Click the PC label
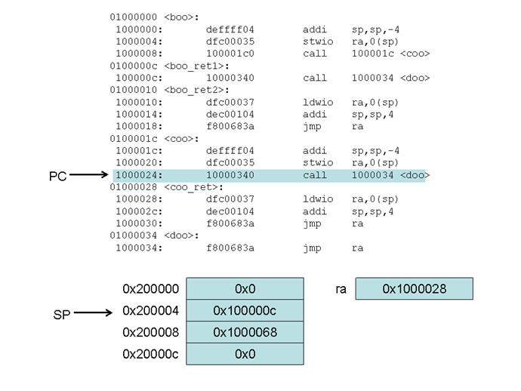click(x=58, y=176)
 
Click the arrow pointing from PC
click(x=89, y=176)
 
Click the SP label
click(x=62, y=315)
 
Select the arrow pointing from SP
click(x=94, y=312)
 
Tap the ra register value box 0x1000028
click(x=414, y=289)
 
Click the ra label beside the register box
click(x=341, y=289)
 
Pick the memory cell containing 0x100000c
click(x=245, y=311)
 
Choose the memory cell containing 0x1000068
click(x=245, y=333)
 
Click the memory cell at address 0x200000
click(x=245, y=289)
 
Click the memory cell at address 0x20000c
click(x=245, y=354)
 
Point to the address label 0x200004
click(x=151, y=311)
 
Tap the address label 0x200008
click(x=151, y=333)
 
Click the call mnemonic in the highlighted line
click(x=315, y=175)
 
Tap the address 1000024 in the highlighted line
click(x=137, y=175)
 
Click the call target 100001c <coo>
click(x=390, y=53)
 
